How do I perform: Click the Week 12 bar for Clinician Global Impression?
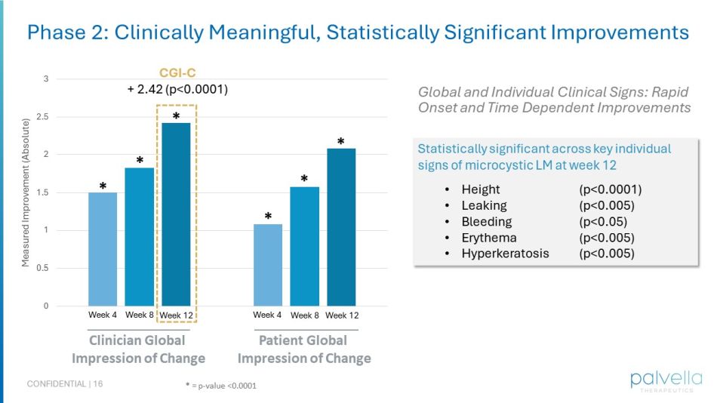[x=176, y=214]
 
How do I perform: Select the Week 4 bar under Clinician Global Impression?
[x=103, y=249]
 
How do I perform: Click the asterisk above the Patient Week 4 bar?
[x=268, y=217]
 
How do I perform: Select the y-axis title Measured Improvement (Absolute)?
[x=26, y=192]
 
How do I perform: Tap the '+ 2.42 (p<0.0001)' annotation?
[x=177, y=89]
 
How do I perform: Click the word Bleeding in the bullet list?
[x=486, y=221]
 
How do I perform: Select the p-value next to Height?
[x=610, y=189]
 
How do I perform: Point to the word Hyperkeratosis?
[x=505, y=253]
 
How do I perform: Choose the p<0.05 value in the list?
[x=603, y=221]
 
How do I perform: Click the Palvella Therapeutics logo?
[x=666, y=380]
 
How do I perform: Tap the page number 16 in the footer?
[x=98, y=384]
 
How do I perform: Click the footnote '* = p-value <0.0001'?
[x=221, y=386]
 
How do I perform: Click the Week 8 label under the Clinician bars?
[x=140, y=315]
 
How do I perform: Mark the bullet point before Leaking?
[x=448, y=205]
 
